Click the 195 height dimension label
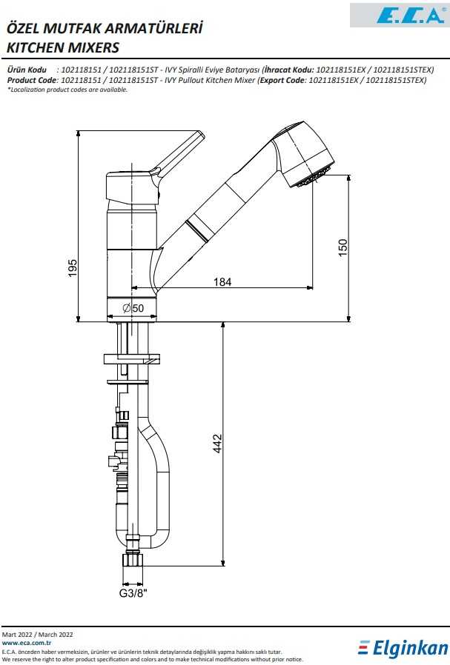(x=73, y=268)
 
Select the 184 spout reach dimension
(x=222, y=281)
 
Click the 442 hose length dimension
(x=217, y=443)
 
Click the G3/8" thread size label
(x=133, y=593)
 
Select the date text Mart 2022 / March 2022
(x=38, y=635)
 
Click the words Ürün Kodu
(x=27, y=70)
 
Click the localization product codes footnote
(x=67, y=90)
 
